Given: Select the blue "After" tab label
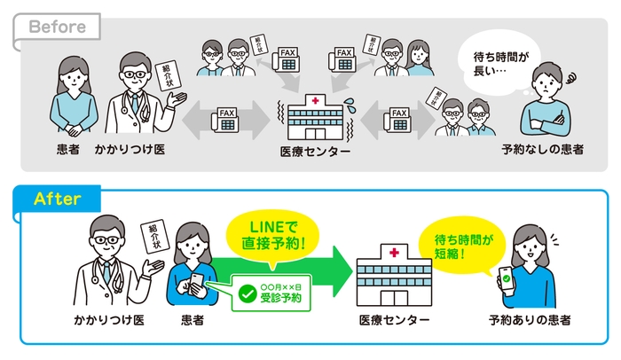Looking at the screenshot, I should click(57, 199).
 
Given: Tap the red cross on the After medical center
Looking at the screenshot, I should click(393, 254).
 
